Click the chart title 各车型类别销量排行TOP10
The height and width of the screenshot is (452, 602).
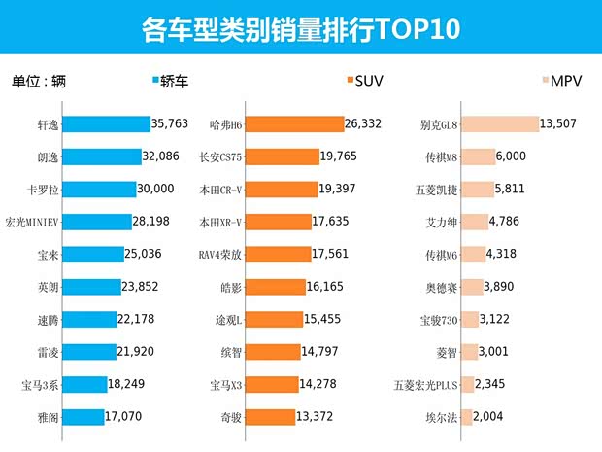pos(300,27)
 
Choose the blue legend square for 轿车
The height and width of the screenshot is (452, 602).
pos(156,81)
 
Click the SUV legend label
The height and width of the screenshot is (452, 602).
pos(370,81)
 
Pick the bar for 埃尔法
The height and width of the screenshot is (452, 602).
pos(467,418)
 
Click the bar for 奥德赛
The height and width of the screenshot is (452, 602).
pos(472,287)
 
